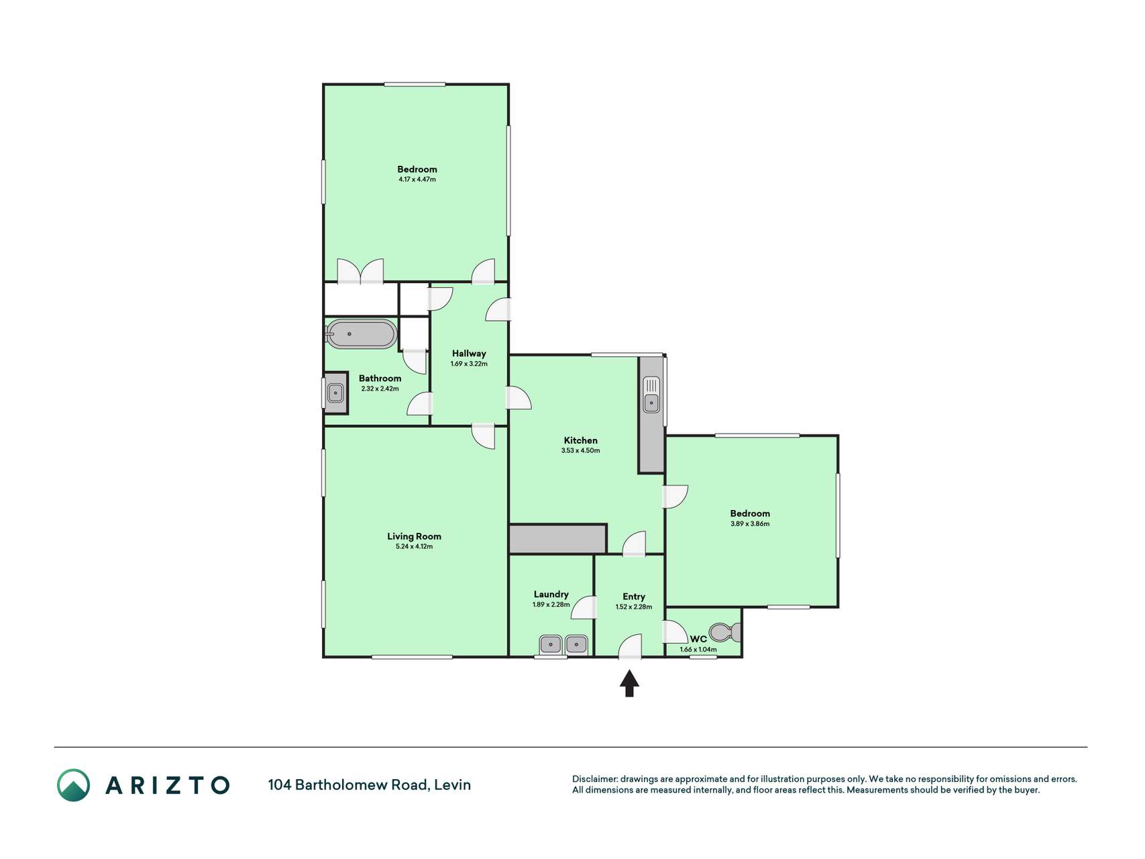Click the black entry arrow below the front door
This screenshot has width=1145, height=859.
[x=629, y=684]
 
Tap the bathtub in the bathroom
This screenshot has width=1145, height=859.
[x=361, y=334]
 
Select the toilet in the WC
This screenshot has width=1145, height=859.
[x=725, y=632]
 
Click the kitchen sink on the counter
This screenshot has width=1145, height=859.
[x=651, y=395]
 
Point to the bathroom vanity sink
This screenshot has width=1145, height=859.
[x=335, y=393]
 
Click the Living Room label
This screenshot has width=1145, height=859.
[x=414, y=536]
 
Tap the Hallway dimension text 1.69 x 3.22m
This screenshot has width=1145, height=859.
[x=469, y=364]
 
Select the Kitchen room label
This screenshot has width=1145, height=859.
[x=580, y=440]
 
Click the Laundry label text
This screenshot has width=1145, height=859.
[x=551, y=594]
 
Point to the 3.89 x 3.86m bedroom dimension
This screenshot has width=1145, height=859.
[x=750, y=523]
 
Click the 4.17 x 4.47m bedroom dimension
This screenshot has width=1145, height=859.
[x=417, y=179]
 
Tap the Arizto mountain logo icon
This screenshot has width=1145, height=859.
[x=73, y=785]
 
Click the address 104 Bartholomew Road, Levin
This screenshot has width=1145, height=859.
[x=370, y=785]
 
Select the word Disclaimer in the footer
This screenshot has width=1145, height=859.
[x=594, y=779]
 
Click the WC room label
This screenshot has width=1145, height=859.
[x=698, y=639]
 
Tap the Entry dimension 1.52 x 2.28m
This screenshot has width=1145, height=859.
[x=633, y=607]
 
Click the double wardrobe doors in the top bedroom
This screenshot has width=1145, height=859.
[x=360, y=271]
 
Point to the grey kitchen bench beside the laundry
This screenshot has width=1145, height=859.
[x=557, y=540]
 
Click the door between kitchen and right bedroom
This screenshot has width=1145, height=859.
[x=675, y=497]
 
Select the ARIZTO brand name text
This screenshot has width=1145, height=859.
[x=168, y=785]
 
